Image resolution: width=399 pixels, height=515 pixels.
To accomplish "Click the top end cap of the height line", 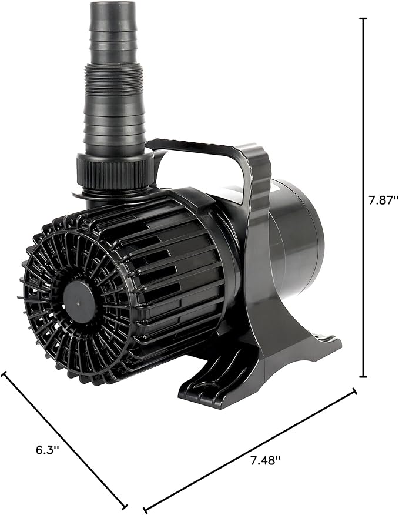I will pyautogui.click(x=363, y=18).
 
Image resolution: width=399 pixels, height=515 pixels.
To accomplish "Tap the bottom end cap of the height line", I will pyautogui.click(x=363, y=377).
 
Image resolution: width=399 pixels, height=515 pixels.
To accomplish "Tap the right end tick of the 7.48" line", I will pyautogui.click(x=354, y=390).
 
